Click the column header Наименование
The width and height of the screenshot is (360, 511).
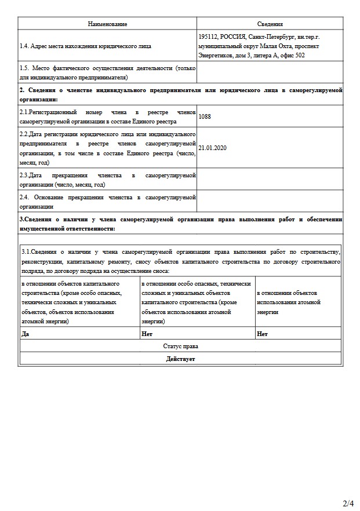(107, 24)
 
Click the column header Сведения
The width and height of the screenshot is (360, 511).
(270, 24)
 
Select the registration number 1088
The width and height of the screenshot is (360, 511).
(205, 116)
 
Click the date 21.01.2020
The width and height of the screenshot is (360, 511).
(212, 148)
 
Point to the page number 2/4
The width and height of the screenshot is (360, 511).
(348, 503)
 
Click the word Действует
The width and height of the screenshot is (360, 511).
(180, 359)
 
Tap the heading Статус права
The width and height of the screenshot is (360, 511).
(180, 346)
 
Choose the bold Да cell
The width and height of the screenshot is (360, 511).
(25, 334)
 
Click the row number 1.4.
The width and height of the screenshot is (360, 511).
(25, 46)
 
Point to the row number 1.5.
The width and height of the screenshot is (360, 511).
(25, 68)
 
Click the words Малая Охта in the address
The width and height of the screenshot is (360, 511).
(275, 46)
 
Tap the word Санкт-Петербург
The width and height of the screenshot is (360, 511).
(270, 36)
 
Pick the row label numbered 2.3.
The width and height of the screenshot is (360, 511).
(25, 175)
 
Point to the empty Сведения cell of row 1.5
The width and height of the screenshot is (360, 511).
(270, 72)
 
